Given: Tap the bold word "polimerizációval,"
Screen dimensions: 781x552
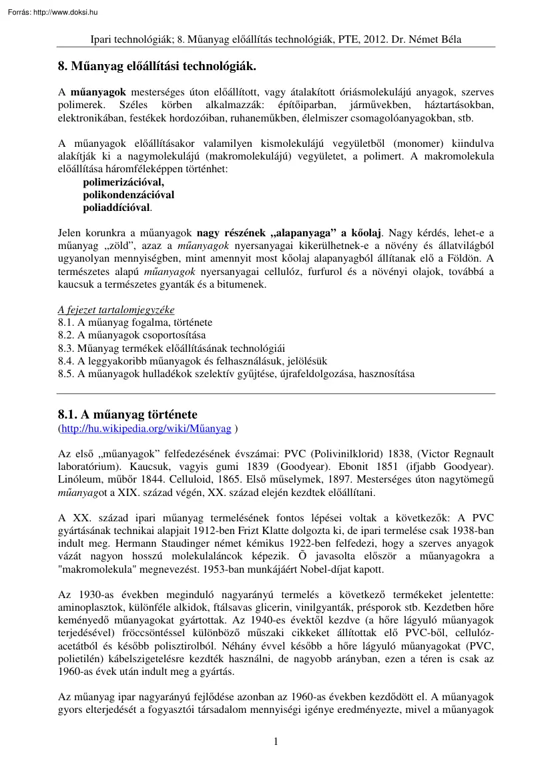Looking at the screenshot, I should [x=123, y=182].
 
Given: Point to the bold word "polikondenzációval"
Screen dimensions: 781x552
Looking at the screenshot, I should [x=128, y=195].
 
